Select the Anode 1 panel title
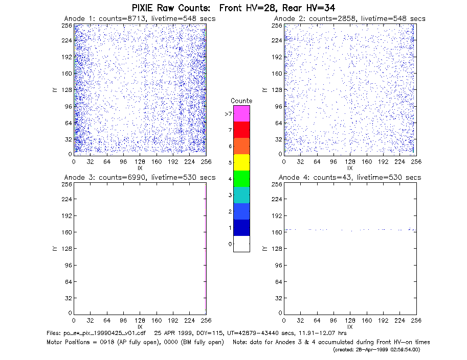pyautogui.click(x=140, y=19)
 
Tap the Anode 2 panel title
pyautogui.click(x=350, y=19)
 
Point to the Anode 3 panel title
pyautogui.click(x=140, y=178)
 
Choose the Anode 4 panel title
pyautogui.click(x=350, y=178)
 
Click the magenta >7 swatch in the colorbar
pyautogui.click(x=241, y=113)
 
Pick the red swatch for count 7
pyautogui.click(x=241, y=130)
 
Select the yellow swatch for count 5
pyautogui.click(x=241, y=162)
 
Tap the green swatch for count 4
pyautogui.click(x=241, y=179)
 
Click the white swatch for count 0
pyautogui.click(x=241, y=244)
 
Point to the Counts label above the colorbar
pyautogui.click(x=241, y=101)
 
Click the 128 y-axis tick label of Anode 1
pyautogui.click(x=67, y=89)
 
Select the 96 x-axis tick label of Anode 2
pyautogui.click(x=333, y=161)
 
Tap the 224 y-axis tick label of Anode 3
pyautogui.click(x=67, y=199)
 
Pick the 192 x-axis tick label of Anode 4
pyautogui.click(x=383, y=321)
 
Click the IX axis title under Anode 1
pyautogui.click(x=140, y=168)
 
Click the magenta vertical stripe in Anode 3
pyautogui.click(x=206, y=249)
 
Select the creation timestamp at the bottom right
pyautogui.click(x=376, y=350)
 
